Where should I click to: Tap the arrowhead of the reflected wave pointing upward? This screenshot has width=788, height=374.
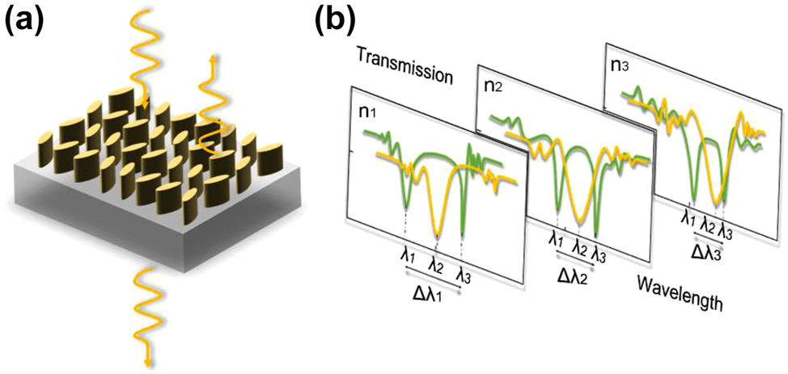[214, 57]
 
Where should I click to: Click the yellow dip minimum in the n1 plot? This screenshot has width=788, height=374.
[436, 233]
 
